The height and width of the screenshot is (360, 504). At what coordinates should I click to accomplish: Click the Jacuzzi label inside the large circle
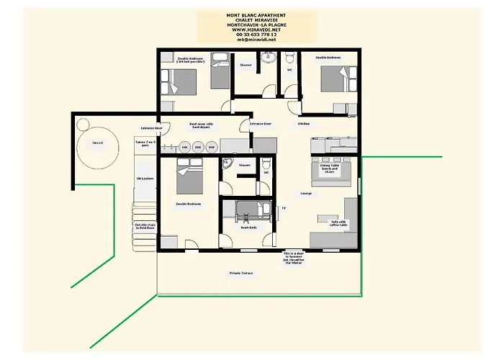tap(98, 143)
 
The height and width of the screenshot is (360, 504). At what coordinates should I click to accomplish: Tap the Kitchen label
tap(305, 124)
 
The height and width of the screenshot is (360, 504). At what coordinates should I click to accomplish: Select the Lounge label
tap(306, 194)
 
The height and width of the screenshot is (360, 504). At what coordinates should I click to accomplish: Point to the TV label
tap(284, 208)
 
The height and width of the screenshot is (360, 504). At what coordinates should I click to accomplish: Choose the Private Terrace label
tap(241, 274)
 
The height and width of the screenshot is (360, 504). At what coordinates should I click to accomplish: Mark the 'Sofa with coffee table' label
tap(338, 223)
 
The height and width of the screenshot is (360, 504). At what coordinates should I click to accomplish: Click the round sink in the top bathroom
tap(269, 58)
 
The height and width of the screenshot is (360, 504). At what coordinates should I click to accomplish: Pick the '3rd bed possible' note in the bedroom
tap(190, 62)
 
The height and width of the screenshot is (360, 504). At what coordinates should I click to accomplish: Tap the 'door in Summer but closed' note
tap(297, 258)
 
